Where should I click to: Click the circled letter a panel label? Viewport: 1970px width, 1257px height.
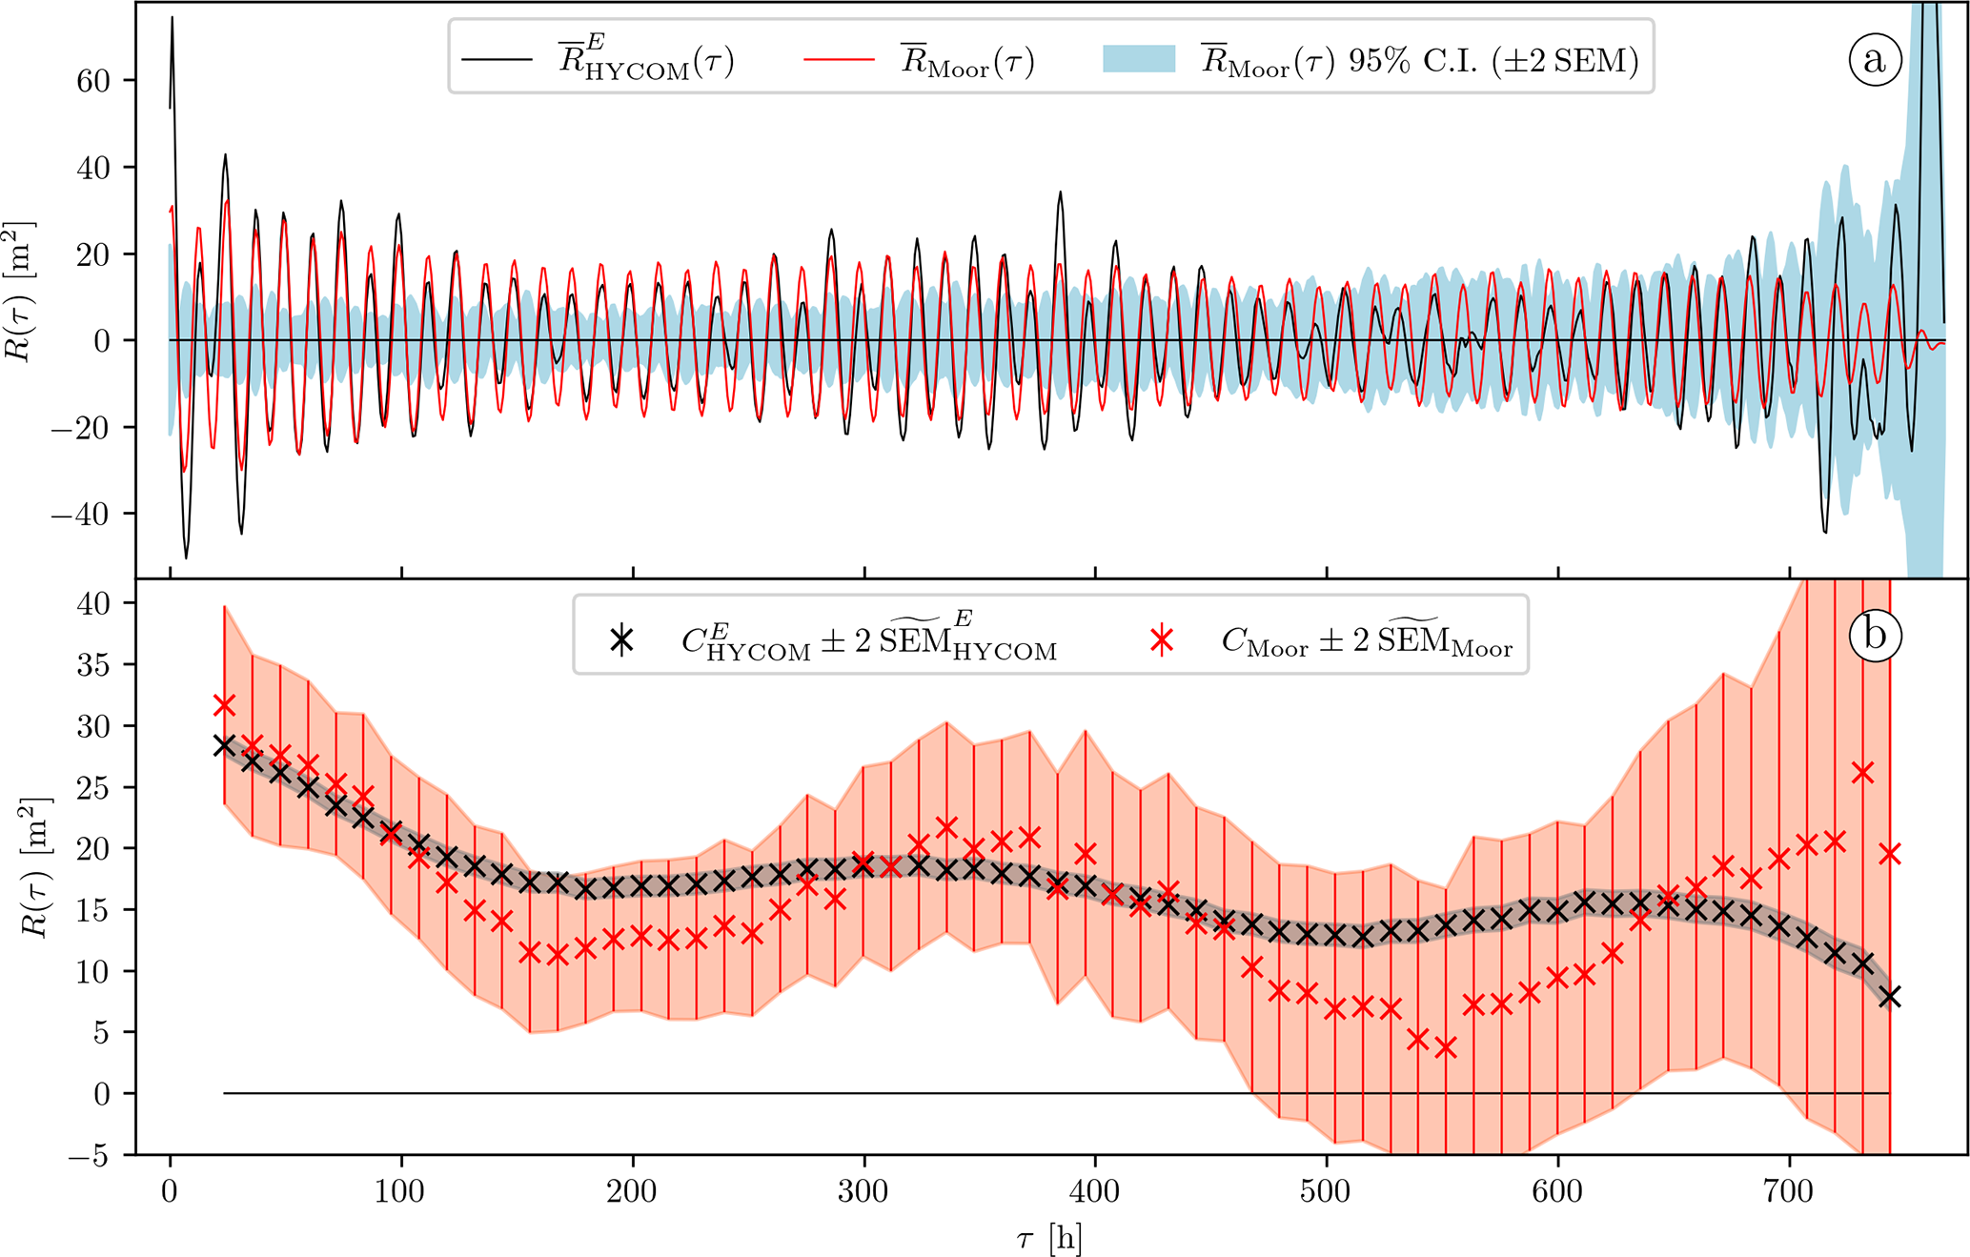1874,60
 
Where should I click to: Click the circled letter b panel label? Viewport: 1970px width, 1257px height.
1874,636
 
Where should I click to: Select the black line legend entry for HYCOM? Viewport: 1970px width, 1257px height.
497,60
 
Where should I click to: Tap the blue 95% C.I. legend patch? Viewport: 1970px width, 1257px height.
1139,60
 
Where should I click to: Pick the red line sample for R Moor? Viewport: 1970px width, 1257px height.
839,60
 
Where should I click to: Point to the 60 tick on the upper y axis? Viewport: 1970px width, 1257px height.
93,81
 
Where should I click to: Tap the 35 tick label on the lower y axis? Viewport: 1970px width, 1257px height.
93,665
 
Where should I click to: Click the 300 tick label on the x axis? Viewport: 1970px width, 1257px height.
864,1193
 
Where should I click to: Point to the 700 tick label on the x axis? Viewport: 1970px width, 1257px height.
1789,1193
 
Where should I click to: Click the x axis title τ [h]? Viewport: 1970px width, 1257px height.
1049,1239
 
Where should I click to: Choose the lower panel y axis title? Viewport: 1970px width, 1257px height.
38,867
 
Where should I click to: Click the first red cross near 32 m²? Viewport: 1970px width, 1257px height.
224,705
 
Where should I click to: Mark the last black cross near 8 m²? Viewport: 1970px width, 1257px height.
1890,997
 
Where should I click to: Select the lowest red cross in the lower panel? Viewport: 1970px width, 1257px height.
1446,1048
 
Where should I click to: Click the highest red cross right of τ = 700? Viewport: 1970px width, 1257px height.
1862,772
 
